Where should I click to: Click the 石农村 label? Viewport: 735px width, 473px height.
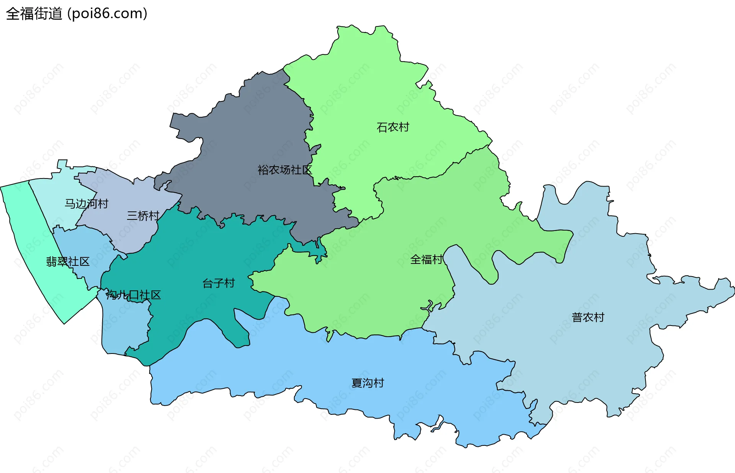pyautogui.click(x=393, y=127)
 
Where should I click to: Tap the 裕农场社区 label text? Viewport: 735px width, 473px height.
pyautogui.click(x=284, y=170)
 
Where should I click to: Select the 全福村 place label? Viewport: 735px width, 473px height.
pyautogui.click(x=426, y=260)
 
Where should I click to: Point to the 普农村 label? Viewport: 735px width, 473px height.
pyautogui.click(x=588, y=318)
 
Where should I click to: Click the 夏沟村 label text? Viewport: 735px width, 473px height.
pyautogui.click(x=367, y=383)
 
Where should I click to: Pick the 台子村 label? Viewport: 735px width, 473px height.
pyautogui.click(x=218, y=283)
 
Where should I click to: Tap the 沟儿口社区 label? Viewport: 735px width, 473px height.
pyautogui.click(x=133, y=295)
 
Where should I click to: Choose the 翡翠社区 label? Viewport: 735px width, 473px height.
pyautogui.click(x=68, y=262)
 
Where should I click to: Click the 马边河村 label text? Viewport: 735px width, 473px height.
pyautogui.click(x=87, y=204)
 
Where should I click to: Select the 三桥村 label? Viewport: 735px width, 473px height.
pyautogui.click(x=143, y=216)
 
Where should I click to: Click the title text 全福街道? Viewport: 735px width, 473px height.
pyautogui.click(x=34, y=14)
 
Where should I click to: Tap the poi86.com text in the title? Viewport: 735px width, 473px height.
pyautogui.click(x=107, y=14)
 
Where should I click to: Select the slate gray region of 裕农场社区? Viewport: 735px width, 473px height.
pyautogui.click(x=245, y=134)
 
